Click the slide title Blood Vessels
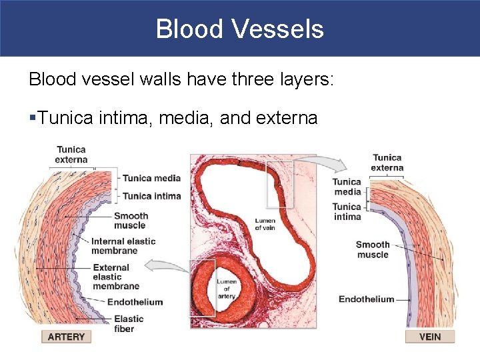tap(240, 29)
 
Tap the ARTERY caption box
tap(66, 337)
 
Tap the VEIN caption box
tap(430, 337)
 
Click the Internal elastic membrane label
tap(123, 246)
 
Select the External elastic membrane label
tap(116, 277)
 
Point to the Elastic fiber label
tap(129, 324)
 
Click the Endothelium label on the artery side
tap(135, 302)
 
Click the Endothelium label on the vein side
tap(366, 299)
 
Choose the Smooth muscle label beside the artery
tap(131, 221)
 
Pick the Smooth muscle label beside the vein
tap(373, 249)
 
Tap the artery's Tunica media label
tap(152, 178)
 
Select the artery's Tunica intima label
tap(152, 196)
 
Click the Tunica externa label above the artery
tap(71, 155)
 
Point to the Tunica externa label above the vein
tap(387, 163)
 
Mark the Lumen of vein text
tap(265, 224)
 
